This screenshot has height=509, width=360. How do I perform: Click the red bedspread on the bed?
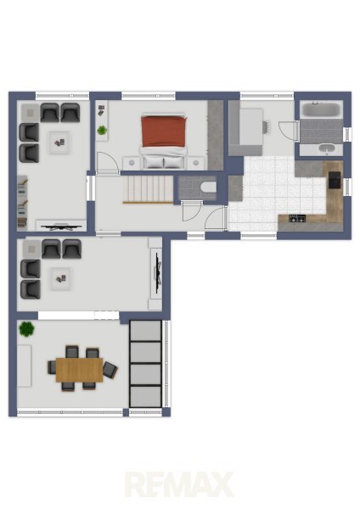pos(164,131)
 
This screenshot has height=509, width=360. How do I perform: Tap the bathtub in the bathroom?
pos(321,109)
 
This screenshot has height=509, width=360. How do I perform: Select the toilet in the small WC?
pos(208,187)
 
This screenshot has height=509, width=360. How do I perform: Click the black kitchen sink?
pos(335,180)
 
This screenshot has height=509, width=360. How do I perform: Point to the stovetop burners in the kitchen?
pos(297,219)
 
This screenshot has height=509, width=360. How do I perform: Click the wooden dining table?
pos(79,369)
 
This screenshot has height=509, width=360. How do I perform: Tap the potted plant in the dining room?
pos(26,329)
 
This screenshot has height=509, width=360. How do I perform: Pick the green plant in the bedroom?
pos(102,130)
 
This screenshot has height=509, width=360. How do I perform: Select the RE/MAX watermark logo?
pos(179,484)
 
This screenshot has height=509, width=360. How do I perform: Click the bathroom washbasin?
pos(327,148)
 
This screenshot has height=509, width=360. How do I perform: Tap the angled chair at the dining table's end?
pos(110,370)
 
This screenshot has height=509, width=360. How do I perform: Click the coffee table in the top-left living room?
pos(59,143)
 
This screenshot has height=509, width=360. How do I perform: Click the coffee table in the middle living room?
pos(60,279)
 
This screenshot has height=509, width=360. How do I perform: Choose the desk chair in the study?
pos(266,127)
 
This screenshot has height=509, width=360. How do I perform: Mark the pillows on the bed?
pos(164,162)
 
